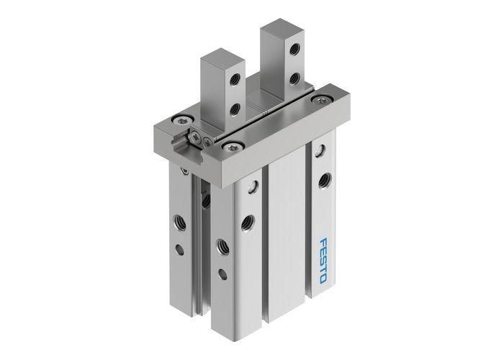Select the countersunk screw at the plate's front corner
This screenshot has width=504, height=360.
point(232,147)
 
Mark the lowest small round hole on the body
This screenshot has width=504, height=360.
point(222,274)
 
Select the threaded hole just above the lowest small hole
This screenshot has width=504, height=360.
point(222,243)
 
